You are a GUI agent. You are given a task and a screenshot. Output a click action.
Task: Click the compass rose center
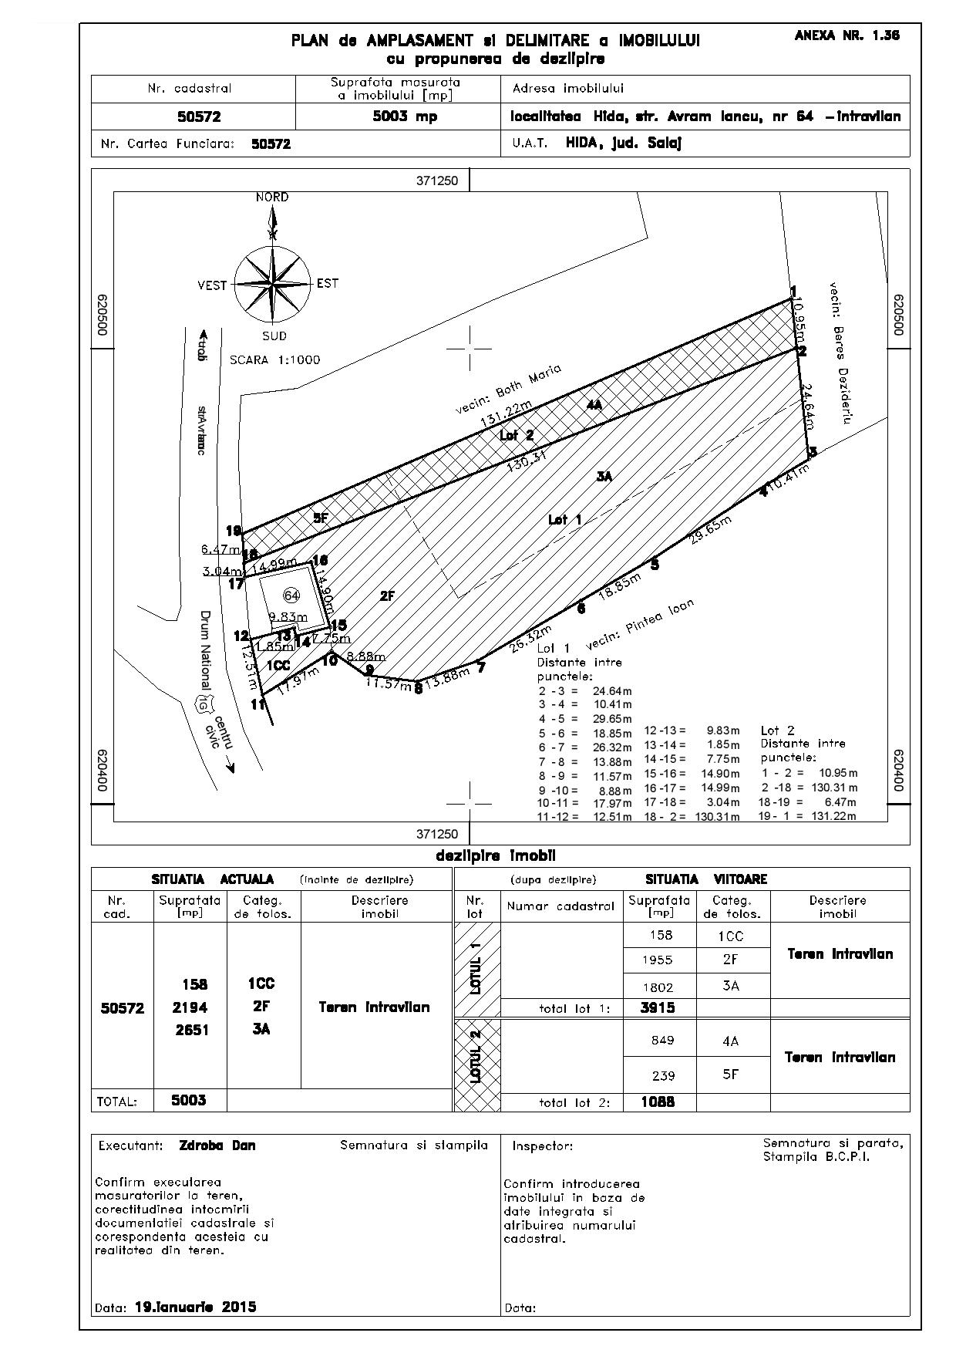pos(271,284)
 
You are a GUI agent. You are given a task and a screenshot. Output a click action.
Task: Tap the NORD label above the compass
pos(272,197)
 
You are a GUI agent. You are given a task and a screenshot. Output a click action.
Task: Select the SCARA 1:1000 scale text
pos(274,360)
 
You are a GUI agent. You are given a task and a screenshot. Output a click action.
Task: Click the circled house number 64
pos(291,596)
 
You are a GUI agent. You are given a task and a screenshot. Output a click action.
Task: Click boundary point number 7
pos(481,668)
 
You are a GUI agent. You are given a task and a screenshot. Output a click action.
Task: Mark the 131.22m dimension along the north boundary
pos(506,415)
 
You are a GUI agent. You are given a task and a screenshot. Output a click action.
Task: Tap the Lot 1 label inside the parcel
pos(564,520)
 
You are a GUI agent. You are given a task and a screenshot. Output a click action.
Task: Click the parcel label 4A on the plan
pos(593,404)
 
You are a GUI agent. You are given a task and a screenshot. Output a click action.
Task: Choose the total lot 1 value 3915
pos(658,1007)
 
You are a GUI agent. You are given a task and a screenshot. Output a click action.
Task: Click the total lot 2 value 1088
pos(658,1102)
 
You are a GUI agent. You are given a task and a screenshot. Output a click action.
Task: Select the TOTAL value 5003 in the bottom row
pos(189,1100)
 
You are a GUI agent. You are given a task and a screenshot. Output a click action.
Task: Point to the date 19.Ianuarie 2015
pos(195,1307)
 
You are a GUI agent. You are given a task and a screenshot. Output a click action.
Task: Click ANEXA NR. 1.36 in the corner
pos(847,35)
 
